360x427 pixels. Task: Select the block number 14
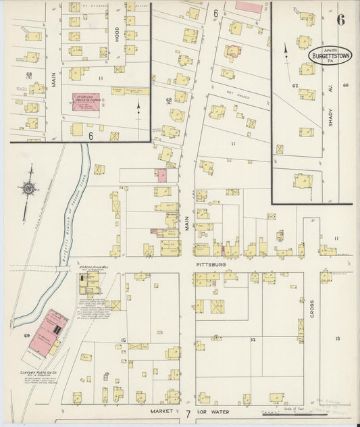coord(253,339)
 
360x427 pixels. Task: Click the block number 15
coord(124,339)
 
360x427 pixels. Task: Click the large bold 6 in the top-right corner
coord(341,19)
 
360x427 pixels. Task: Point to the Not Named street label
coord(237,97)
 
